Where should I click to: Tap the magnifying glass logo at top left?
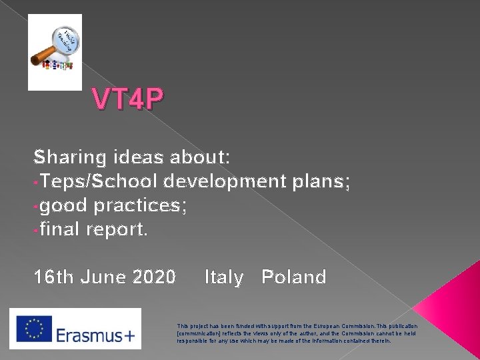tap(55, 51)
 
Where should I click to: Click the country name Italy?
tap(224, 276)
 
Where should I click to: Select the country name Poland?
tap(294, 276)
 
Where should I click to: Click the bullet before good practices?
tap(37, 206)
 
